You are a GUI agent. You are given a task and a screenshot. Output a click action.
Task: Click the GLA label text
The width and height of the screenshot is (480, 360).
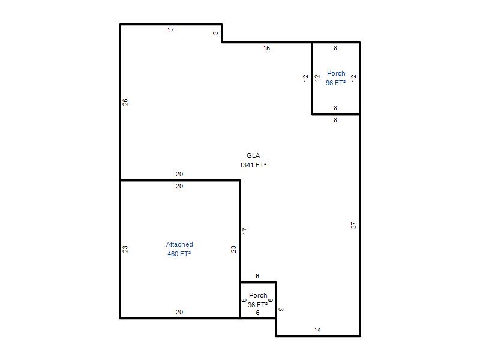pyautogui.click(x=253, y=155)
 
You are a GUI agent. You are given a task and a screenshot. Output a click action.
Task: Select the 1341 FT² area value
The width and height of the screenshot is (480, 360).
pyautogui.click(x=253, y=165)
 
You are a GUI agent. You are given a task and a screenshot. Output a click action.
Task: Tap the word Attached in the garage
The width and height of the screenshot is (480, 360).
pyautogui.click(x=179, y=244)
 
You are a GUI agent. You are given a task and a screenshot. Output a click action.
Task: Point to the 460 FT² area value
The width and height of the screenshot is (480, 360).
pyautogui.click(x=179, y=254)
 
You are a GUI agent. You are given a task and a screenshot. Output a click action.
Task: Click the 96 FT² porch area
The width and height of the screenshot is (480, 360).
pyautogui.click(x=335, y=83)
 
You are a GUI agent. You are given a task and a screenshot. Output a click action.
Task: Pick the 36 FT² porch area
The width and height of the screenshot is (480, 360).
pyautogui.click(x=257, y=305)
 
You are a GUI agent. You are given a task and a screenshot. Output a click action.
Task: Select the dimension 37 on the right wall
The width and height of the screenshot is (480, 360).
pyautogui.click(x=353, y=226)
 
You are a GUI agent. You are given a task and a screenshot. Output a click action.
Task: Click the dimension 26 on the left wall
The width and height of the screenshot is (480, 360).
pyautogui.click(x=125, y=102)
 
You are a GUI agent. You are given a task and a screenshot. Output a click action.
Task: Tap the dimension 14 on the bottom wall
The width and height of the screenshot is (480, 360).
pyautogui.click(x=317, y=330)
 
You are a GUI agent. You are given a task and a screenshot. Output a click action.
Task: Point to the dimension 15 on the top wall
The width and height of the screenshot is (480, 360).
pyautogui.click(x=266, y=48)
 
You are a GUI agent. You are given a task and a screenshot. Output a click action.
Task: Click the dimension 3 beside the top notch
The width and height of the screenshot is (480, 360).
pyautogui.click(x=215, y=33)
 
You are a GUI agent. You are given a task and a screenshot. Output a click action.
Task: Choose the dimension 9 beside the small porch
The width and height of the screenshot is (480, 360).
pyautogui.click(x=281, y=309)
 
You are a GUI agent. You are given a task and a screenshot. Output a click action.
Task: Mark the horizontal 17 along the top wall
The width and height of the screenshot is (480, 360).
pyautogui.click(x=170, y=30)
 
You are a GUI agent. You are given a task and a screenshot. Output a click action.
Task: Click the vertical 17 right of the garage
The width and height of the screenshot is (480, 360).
pyautogui.click(x=245, y=231)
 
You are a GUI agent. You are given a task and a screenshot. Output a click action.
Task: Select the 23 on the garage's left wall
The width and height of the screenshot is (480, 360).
pyautogui.click(x=125, y=249)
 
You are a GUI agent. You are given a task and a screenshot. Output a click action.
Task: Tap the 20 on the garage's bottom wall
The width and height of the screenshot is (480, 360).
pyautogui.click(x=179, y=312)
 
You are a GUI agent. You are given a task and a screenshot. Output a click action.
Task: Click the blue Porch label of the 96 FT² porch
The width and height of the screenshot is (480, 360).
pyautogui.click(x=336, y=73)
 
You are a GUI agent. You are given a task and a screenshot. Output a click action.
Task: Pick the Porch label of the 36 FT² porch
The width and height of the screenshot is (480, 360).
pyautogui.click(x=258, y=295)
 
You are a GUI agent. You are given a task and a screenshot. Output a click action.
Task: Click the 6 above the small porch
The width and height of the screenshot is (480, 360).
pyautogui.click(x=257, y=276)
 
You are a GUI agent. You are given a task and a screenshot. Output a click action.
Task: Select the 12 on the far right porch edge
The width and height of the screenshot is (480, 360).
pyautogui.click(x=353, y=78)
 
